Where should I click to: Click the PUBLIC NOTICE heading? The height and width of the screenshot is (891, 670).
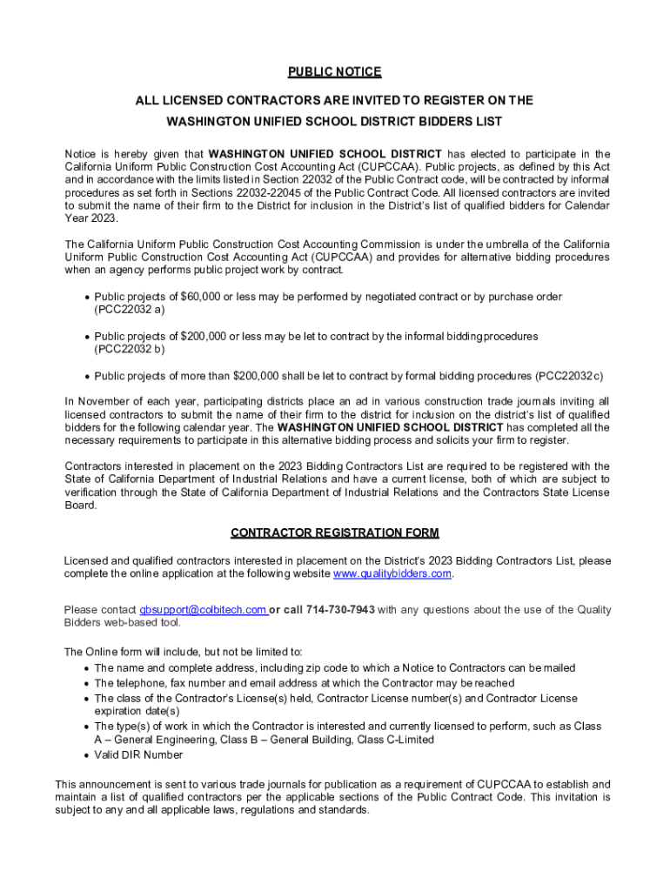tap(335, 71)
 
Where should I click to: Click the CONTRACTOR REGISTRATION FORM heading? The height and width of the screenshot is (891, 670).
tap(335, 533)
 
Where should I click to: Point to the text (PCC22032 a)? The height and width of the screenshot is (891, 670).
tap(130, 310)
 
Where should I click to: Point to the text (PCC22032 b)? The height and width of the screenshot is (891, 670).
tap(130, 349)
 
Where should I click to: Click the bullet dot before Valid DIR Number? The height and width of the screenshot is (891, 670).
tap(86, 755)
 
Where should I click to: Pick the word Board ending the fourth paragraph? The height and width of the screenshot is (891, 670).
tap(80, 506)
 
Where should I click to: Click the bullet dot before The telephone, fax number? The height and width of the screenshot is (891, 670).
tap(86, 684)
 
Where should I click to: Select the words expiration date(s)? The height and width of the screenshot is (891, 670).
tap(137, 711)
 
